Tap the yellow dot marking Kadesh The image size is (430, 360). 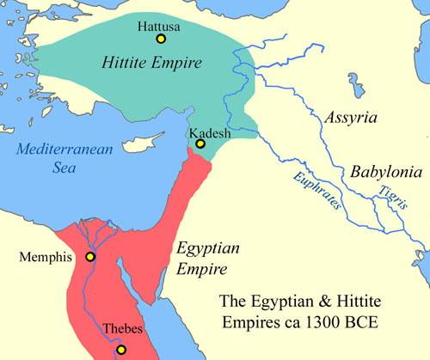(x=200, y=143)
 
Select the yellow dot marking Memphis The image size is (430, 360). (x=89, y=257)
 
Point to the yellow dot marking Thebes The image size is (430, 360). (x=121, y=349)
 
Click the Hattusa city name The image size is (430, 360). (x=160, y=25)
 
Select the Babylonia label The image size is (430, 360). (x=383, y=172)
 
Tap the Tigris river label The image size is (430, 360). (x=389, y=201)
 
